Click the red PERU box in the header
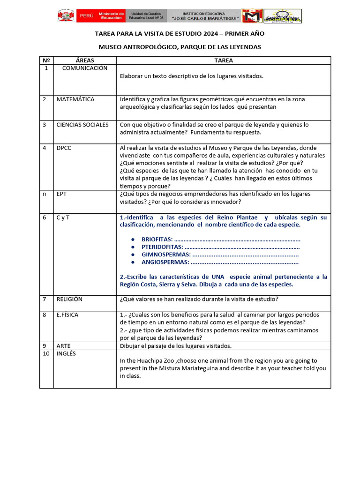tap(87, 15)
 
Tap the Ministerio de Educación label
tap(111, 15)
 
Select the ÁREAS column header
tap(85, 60)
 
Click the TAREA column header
tap(224, 60)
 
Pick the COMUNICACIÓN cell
tap(85, 68)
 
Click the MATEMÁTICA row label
tap(75, 99)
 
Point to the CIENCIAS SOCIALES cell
tap(82, 125)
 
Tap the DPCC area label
tap(64, 148)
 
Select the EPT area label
tap(62, 194)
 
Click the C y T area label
tap(63, 217)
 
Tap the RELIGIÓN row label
tap(69, 299)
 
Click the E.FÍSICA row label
tap(67, 315)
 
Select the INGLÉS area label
tap(66, 353)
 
